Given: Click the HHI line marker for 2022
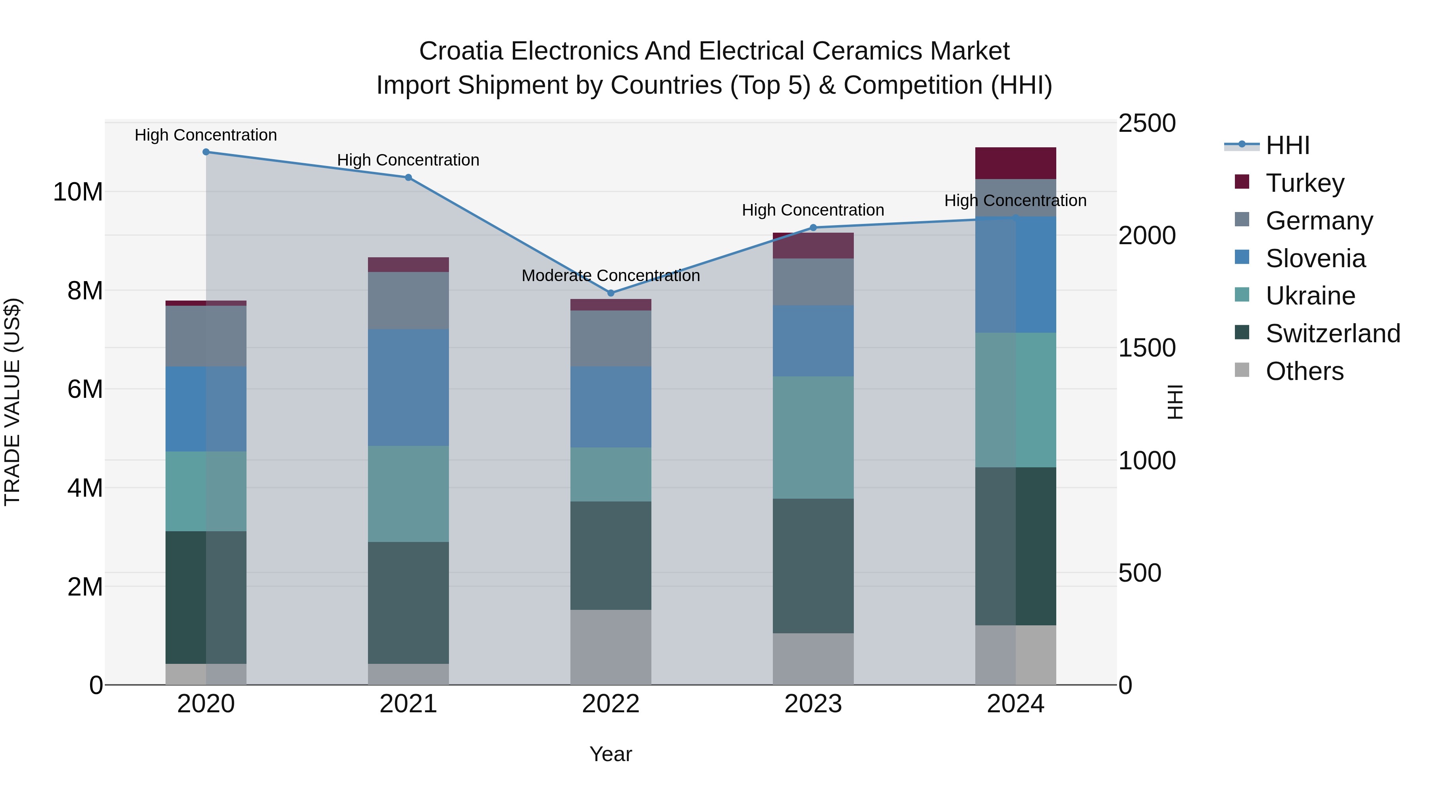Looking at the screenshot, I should click(611, 293).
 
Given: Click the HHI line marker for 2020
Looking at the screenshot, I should click(206, 152).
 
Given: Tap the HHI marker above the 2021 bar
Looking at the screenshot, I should click(408, 177).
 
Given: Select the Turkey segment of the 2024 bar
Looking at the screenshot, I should click(1015, 163).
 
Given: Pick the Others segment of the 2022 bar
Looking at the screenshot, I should click(611, 648).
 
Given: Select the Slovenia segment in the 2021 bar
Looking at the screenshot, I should click(408, 388).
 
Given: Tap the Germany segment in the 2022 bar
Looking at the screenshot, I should click(611, 338).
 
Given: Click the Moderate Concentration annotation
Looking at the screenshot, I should click(611, 276).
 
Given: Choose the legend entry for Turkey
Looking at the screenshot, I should click(1305, 183).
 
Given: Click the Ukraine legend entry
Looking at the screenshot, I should click(1310, 296).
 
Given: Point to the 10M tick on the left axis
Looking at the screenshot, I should click(78, 193).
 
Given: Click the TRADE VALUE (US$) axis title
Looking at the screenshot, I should click(12, 402).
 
